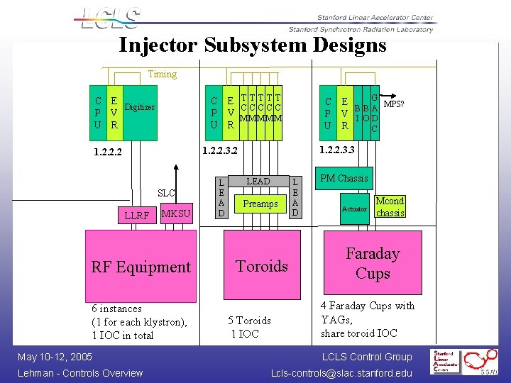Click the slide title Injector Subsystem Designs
pos(253,45)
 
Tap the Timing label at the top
pos(162,74)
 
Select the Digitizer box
pos(140,108)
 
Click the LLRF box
pos(136,215)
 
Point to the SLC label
pos(166,193)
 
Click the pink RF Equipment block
pos(141,266)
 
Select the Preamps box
pos(260,204)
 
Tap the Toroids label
pos(262,266)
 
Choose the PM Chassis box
pos(344,178)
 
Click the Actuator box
pos(354,209)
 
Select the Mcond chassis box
pos(390,206)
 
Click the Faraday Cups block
pos(373,263)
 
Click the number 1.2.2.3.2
pos(220,150)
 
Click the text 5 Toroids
pos(249,321)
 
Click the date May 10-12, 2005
pos(55,356)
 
